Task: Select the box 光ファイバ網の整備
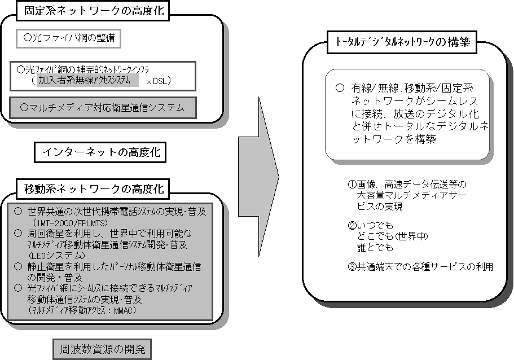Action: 68,38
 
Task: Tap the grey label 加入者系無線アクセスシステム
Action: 87,80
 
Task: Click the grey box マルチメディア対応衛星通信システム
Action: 103,108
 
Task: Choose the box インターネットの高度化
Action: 100,152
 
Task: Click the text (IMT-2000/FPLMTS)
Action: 70,223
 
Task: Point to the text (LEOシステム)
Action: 57,256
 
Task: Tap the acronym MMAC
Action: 124,310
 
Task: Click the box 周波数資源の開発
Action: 102,349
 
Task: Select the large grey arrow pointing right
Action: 258,177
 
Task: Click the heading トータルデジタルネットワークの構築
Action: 402,42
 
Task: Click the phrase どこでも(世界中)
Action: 392,236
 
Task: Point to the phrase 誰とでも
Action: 375,247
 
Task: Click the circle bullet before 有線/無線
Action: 340,88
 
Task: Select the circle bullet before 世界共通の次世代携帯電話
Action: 18,212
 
